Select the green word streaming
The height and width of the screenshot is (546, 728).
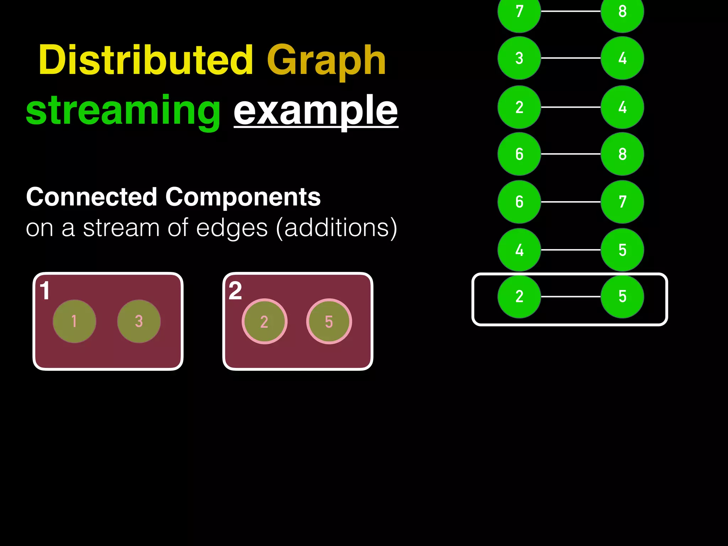click(x=123, y=111)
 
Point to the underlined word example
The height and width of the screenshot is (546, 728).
click(x=316, y=111)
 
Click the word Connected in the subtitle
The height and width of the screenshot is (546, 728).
click(x=92, y=197)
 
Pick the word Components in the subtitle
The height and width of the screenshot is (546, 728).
click(x=243, y=197)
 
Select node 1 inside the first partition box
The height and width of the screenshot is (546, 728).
click(x=74, y=321)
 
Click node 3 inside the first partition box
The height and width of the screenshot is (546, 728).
click(x=139, y=321)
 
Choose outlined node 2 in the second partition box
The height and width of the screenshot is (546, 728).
click(x=264, y=322)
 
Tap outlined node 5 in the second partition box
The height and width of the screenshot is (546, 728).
click(x=329, y=322)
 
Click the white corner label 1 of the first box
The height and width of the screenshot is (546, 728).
click(x=45, y=291)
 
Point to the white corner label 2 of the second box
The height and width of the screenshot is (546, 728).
click(x=235, y=291)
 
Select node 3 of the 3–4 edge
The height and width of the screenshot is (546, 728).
click(x=519, y=58)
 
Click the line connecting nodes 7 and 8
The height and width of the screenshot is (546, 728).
click(x=571, y=11)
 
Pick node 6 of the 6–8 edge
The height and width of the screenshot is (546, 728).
click(x=519, y=154)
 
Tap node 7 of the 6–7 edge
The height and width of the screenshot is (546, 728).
click(x=622, y=202)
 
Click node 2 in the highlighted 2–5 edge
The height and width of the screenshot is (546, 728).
click(x=519, y=296)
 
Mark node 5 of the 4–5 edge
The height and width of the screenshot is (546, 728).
click(x=622, y=250)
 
